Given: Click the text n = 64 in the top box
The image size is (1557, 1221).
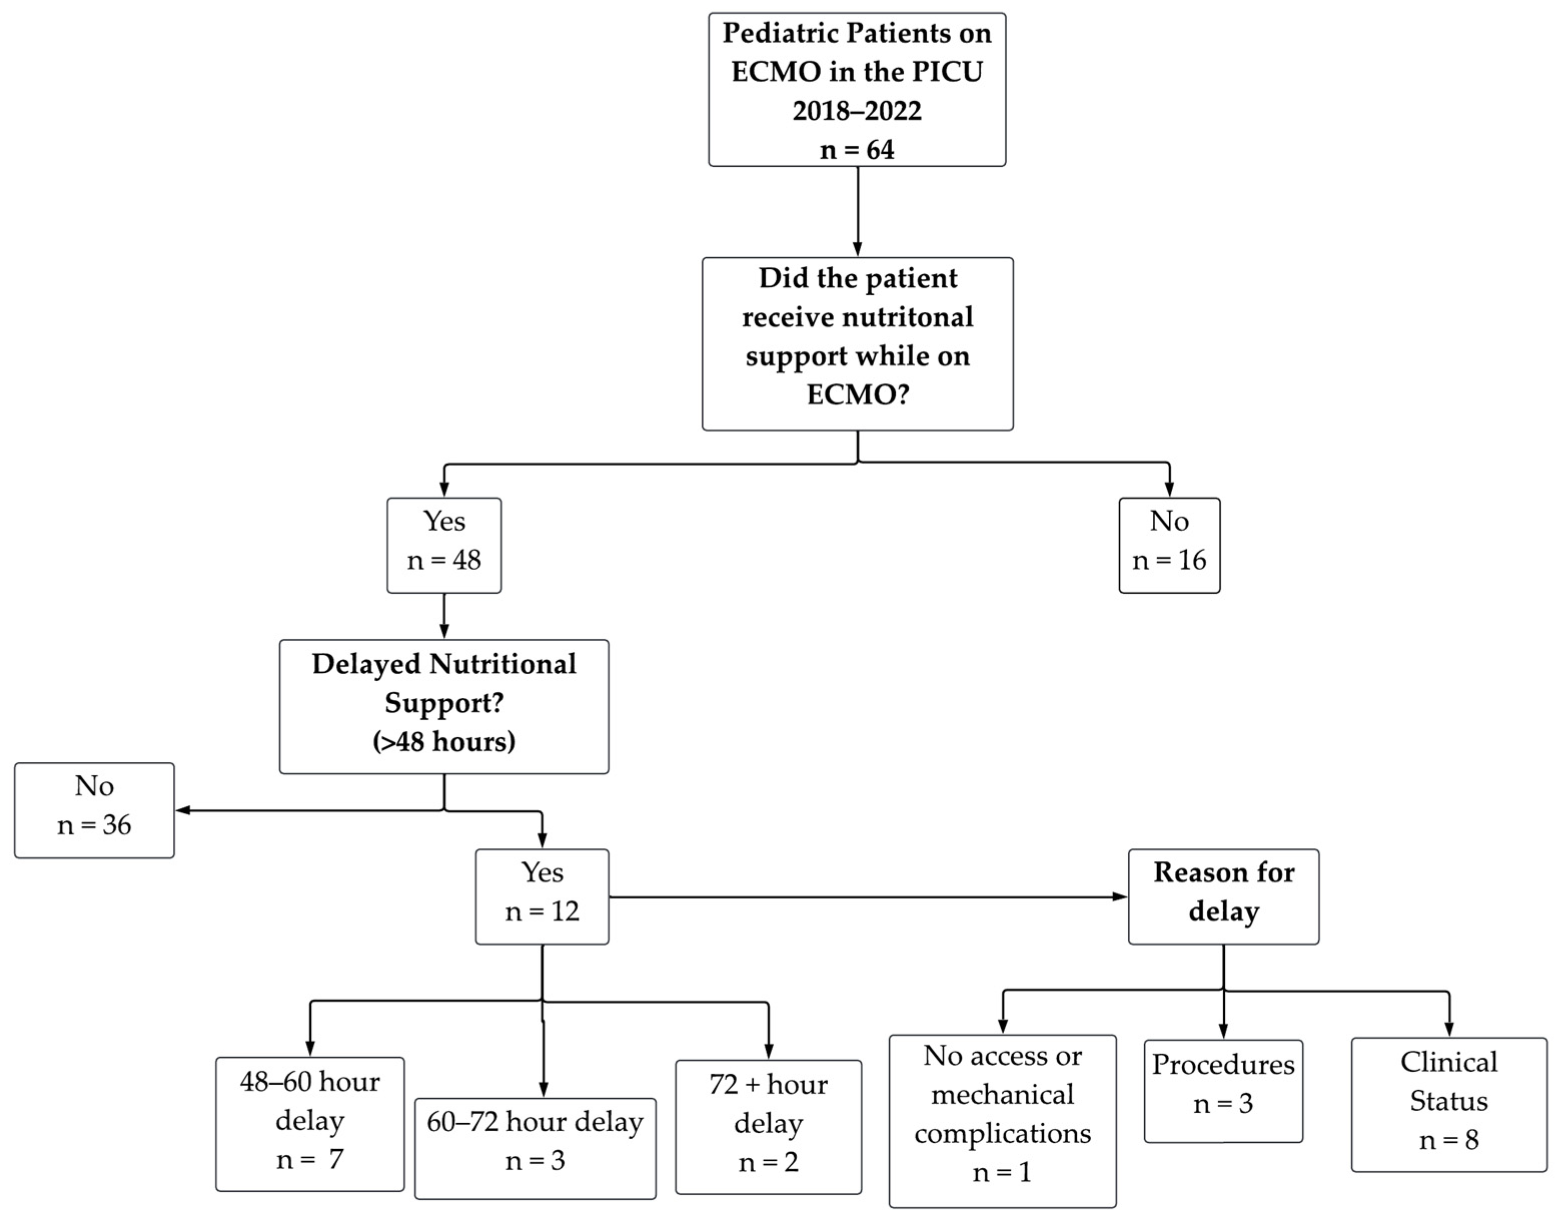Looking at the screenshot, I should [857, 150].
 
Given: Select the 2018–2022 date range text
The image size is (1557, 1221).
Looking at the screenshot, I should [857, 111].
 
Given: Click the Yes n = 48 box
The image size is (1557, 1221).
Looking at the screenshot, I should [444, 545].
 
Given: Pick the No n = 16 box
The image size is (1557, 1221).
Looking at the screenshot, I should [1169, 545].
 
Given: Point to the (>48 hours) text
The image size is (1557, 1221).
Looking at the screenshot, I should [444, 741].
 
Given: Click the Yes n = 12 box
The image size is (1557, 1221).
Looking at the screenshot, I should [542, 896].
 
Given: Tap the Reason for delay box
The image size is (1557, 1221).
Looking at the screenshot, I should [1223, 896].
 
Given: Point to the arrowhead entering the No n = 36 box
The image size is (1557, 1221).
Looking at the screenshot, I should [183, 810].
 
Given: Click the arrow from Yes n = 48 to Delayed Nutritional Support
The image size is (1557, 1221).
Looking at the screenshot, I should [444, 616].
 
